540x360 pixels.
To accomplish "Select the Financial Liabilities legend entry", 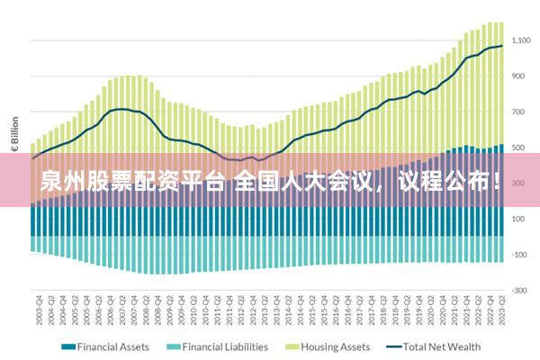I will [x=225, y=346].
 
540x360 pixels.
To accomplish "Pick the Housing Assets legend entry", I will [x=335, y=346].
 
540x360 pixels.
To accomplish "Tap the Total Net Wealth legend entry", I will [x=442, y=346].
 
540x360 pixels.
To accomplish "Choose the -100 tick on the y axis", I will [x=519, y=254].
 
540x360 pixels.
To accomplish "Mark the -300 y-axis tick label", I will [x=519, y=290].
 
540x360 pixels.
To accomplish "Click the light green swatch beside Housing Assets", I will [x=291, y=346].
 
